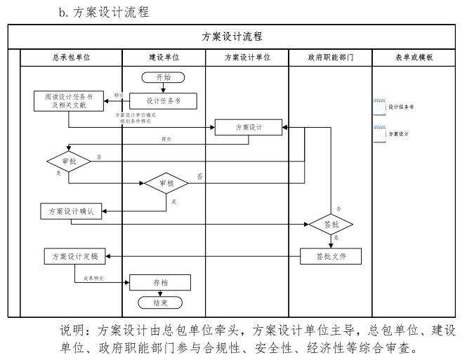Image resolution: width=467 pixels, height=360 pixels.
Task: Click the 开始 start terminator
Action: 162,77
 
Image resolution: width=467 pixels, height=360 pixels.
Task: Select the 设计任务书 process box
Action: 162,101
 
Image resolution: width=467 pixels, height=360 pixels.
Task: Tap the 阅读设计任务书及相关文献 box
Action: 69,101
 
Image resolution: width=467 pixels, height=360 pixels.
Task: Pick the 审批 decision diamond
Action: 69,161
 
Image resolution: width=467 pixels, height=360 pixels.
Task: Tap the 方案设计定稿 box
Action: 74,257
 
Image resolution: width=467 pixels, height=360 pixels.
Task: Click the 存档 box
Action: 160,282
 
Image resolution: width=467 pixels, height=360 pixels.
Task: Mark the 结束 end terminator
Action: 160,302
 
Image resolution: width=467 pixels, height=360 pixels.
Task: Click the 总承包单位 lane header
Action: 70,58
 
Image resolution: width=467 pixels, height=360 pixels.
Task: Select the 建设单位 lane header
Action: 164,58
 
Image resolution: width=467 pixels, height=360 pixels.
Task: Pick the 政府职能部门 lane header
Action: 330,58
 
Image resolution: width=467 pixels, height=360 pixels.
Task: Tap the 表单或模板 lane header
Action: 414,58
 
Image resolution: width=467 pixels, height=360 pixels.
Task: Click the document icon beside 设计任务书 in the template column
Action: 379,106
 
